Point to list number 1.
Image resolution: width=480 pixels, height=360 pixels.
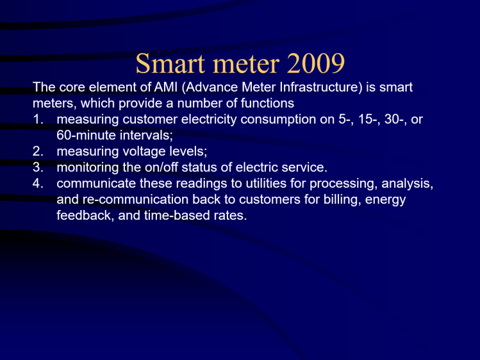[38, 119]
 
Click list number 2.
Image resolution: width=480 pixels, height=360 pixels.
[38, 152]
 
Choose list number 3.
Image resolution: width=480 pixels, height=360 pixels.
[38, 168]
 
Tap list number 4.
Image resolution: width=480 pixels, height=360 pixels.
[38, 184]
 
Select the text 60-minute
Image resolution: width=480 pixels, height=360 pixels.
[84, 135]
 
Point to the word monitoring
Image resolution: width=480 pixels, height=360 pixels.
[86, 168]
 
